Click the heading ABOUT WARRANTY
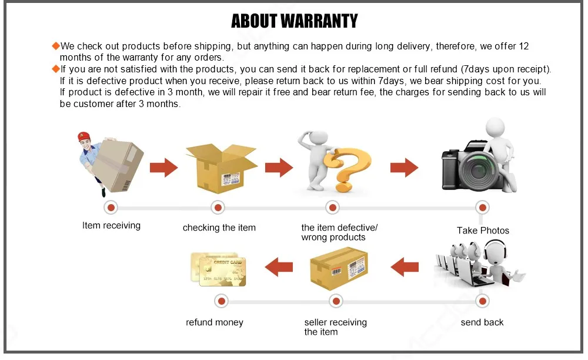tap(294, 21)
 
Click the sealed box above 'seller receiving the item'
tap(339, 269)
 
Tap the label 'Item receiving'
tap(111, 225)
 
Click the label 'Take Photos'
tap(483, 231)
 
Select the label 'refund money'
tap(214, 322)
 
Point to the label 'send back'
tap(482, 322)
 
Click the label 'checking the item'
tap(219, 228)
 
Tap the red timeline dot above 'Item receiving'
tap(111, 207)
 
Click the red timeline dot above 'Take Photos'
tap(482, 207)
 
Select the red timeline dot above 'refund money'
tap(221, 301)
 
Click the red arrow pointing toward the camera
tap(404, 168)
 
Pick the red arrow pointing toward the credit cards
tap(279, 268)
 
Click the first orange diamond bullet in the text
tap(56, 46)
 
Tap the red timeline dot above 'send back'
tap(482, 301)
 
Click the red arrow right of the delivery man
tap(163, 168)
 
